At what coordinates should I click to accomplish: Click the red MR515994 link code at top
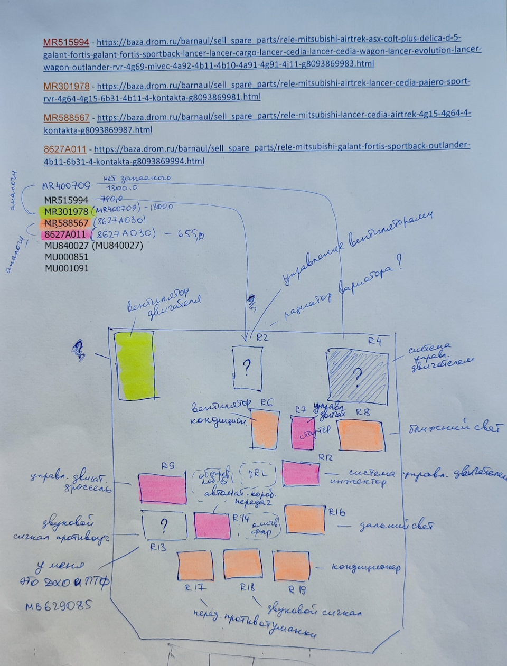click(x=66, y=42)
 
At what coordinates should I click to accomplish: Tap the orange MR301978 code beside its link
click(x=66, y=86)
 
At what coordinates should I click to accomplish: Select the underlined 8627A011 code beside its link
click(x=64, y=149)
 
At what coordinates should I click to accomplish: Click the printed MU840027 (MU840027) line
click(x=93, y=246)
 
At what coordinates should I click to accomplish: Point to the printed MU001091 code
click(x=67, y=268)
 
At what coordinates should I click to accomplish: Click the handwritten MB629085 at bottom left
click(x=58, y=606)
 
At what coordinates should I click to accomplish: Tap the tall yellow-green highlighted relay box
click(x=135, y=365)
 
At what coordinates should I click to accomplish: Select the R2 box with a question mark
click(x=247, y=367)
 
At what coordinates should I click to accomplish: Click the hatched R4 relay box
click(x=356, y=376)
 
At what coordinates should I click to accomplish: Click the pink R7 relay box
click(x=303, y=432)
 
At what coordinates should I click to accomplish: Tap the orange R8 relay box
click(x=361, y=436)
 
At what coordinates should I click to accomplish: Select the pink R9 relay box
click(x=162, y=489)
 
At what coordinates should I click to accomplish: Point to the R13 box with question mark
click(x=164, y=526)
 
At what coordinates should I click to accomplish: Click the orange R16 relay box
click(x=305, y=519)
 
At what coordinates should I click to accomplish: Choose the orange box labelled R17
click(x=195, y=566)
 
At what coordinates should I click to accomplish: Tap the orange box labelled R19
click(x=291, y=567)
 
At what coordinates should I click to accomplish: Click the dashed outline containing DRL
click(x=258, y=474)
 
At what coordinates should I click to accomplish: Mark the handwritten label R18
click(x=247, y=587)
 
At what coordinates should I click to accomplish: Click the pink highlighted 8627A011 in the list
click(x=64, y=234)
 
